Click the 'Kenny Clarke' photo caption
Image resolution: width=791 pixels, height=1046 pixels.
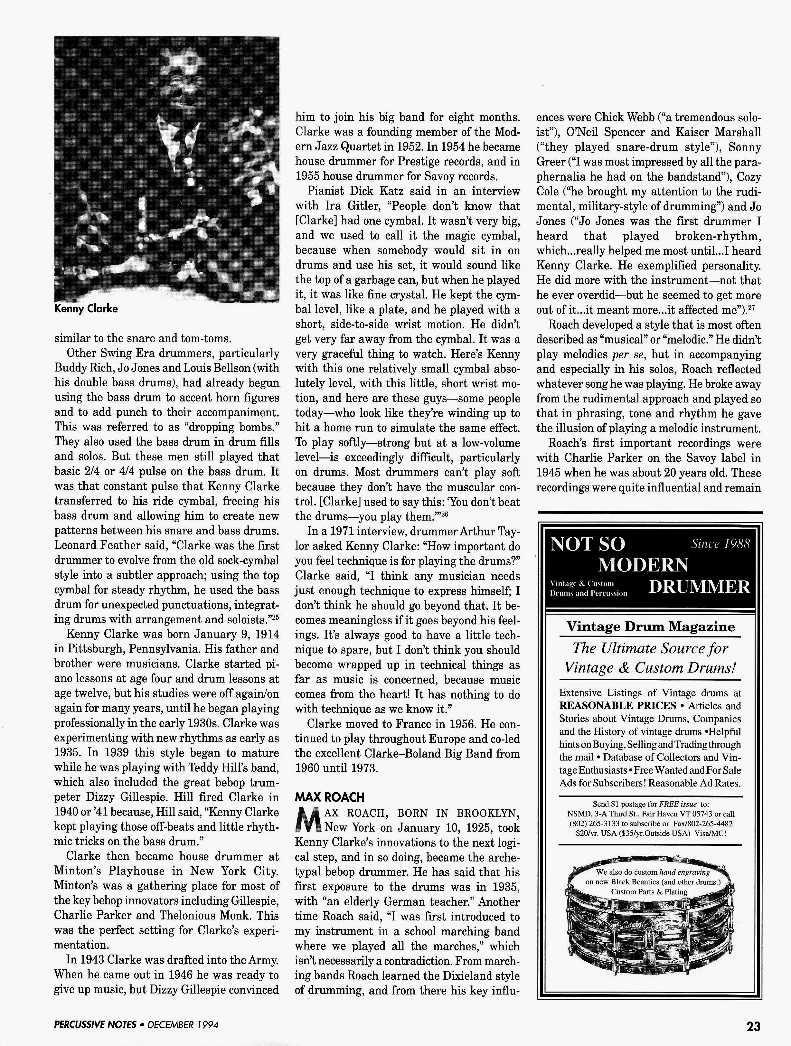pyautogui.click(x=86, y=309)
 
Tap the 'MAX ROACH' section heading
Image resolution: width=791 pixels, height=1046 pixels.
pyautogui.click(x=330, y=797)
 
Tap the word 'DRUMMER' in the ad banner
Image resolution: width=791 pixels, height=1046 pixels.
pyautogui.click(x=699, y=587)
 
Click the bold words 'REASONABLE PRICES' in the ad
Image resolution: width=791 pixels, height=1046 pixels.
pyautogui.click(x=617, y=705)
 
